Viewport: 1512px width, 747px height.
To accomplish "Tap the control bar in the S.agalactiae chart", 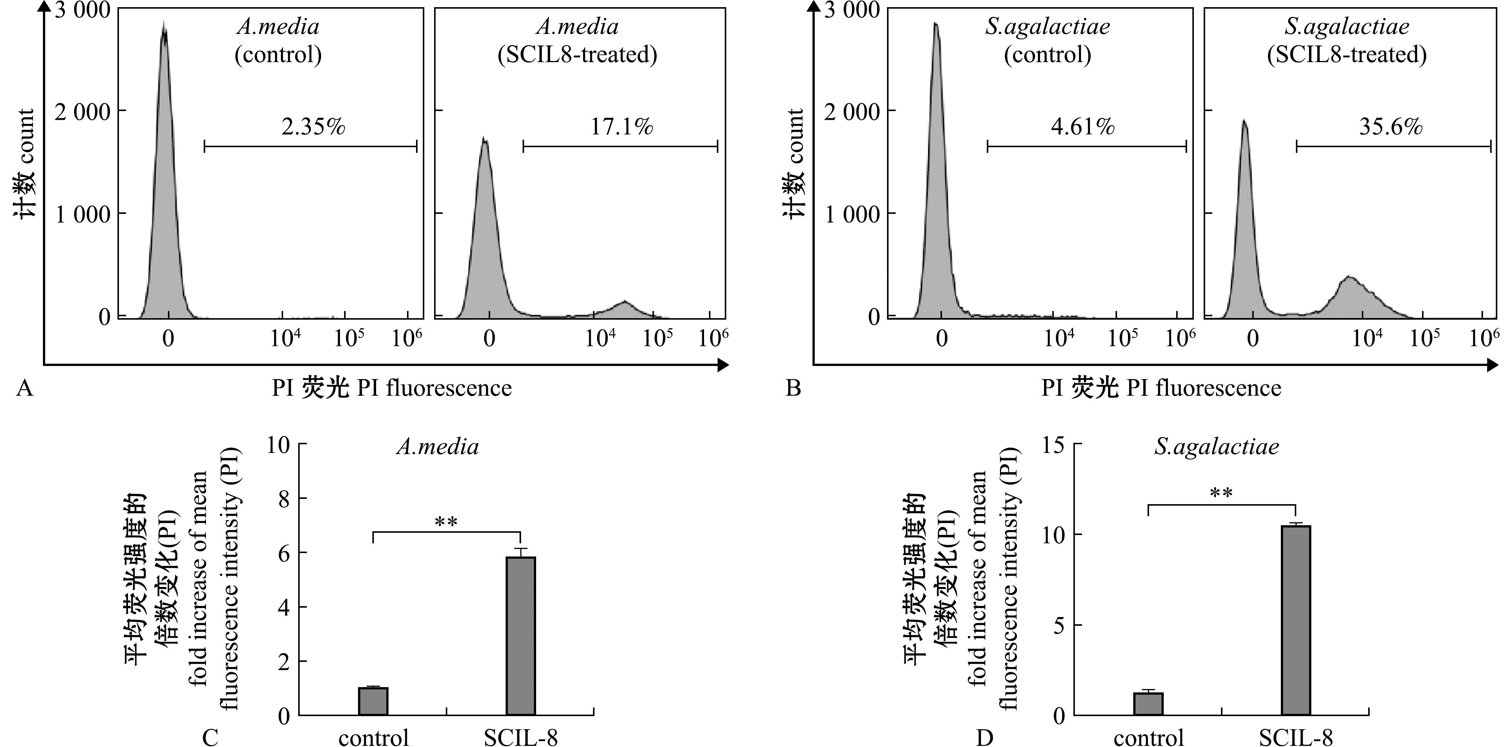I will tap(1148, 704).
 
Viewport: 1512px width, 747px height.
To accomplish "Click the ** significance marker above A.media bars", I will tap(446, 522).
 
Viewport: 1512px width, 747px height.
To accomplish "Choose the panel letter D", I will tap(984, 738).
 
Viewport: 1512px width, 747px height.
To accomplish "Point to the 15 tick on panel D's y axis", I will tap(1053, 446).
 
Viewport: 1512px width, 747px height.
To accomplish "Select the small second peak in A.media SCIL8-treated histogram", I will tap(625, 306).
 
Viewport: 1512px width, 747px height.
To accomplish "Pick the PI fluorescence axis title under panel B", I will tap(1161, 388).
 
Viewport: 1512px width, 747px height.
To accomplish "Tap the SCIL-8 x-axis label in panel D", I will tap(1296, 738).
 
